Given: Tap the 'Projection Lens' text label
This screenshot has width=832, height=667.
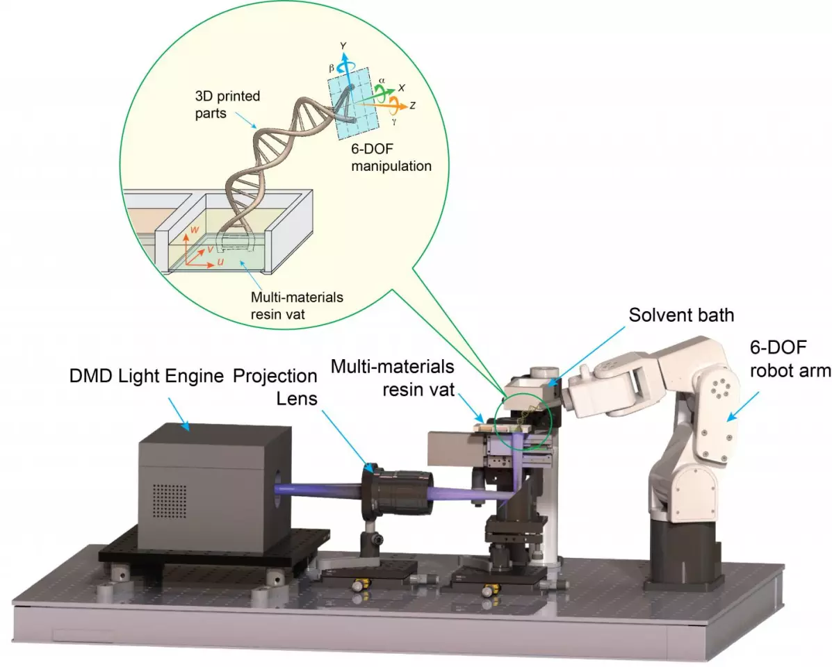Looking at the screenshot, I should pos(274,386).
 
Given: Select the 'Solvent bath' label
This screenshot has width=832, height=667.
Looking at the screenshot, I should pos(680,314).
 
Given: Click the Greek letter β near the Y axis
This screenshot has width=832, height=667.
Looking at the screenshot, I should pos(332,68).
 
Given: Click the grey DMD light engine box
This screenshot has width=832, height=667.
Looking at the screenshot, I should pos(205,490).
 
